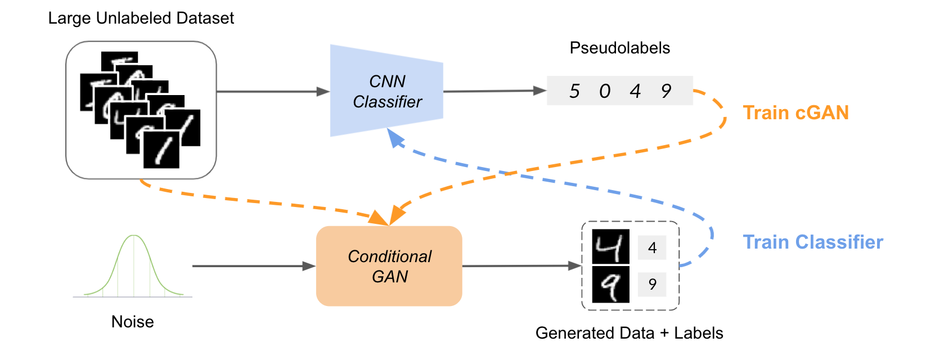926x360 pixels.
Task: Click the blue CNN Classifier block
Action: coord(386,91)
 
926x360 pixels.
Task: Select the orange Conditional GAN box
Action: coord(389,265)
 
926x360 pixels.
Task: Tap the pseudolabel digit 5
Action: coord(574,91)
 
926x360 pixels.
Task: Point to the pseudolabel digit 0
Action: coord(605,91)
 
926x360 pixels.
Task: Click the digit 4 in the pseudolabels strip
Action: coord(635,91)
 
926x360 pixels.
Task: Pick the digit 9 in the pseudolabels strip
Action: coord(666,91)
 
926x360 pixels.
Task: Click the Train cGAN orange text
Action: coord(796,112)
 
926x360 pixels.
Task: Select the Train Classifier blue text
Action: coord(813,242)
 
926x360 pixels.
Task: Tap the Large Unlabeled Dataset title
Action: coord(141,18)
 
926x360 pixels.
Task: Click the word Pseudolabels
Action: coord(619,48)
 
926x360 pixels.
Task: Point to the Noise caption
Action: coord(132,322)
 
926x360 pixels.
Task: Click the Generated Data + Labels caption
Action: coord(629,333)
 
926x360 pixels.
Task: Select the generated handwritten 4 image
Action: coord(610,246)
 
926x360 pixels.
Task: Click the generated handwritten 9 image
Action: coord(610,285)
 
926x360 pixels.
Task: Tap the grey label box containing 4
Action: coord(652,247)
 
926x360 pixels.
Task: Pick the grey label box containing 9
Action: coord(652,285)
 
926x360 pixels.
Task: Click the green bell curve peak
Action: coord(133,236)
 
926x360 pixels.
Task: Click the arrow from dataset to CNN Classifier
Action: coord(273,91)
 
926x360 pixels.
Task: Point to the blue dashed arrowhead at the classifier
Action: coord(395,138)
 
